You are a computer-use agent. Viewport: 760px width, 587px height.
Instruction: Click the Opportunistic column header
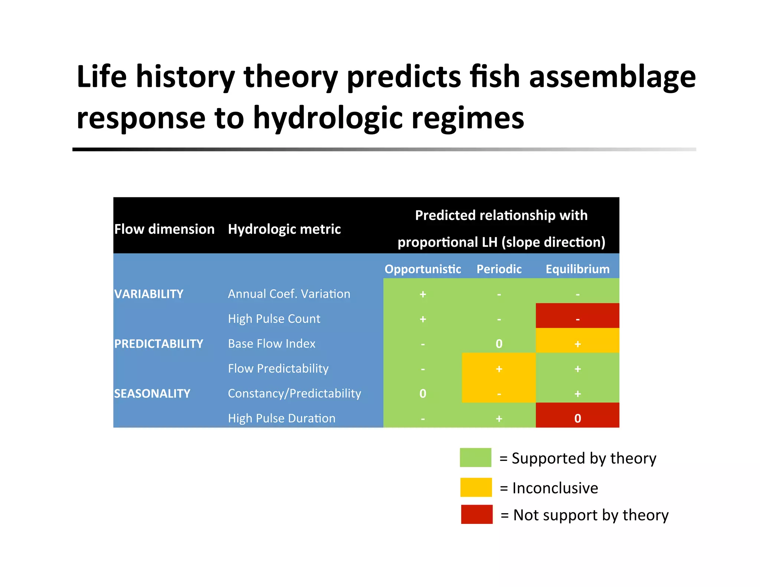pos(423,269)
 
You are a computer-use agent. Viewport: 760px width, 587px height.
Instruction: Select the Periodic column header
pos(499,269)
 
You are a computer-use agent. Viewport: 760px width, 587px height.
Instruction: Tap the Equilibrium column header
pos(577,269)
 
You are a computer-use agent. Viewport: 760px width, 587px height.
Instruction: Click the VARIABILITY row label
pos(149,294)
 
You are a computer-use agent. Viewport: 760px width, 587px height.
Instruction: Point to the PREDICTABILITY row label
pos(158,344)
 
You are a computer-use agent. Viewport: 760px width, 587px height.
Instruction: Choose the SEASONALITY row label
pos(152,393)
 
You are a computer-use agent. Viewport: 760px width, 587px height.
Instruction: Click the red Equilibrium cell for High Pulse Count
pos(577,316)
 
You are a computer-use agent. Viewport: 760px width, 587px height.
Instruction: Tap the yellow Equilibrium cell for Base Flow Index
pos(577,341)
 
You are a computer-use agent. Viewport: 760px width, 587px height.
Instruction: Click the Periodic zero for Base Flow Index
pos(499,344)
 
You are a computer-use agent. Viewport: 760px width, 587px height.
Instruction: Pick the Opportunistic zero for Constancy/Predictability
pos(423,393)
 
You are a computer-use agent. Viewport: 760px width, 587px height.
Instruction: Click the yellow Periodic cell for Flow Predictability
pos(499,368)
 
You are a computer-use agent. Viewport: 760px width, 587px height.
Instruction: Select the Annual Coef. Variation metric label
pos(289,294)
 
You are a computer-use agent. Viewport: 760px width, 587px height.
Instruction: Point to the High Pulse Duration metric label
pos(281,418)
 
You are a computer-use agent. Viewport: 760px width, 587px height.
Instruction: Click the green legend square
pos(475,458)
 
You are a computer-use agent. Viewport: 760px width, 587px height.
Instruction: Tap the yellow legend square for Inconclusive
pos(476,487)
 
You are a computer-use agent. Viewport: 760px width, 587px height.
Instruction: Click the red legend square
pos(476,514)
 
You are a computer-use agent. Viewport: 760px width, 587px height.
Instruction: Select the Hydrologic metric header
pos(284,229)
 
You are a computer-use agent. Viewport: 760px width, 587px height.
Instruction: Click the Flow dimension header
pos(164,229)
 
